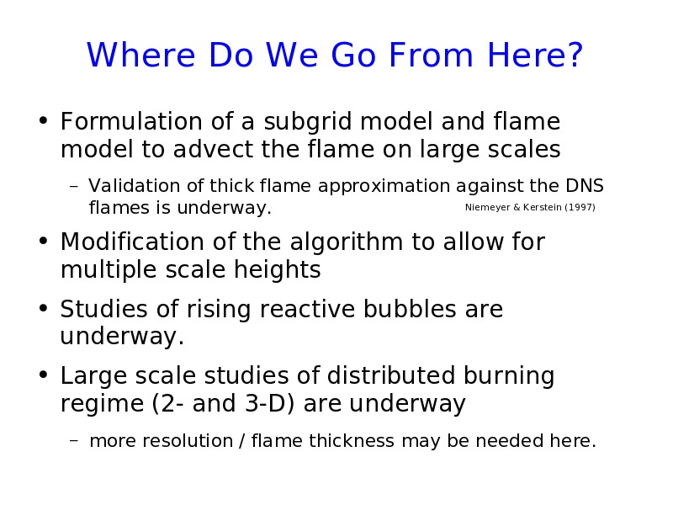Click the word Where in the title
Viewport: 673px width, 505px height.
tap(140, 55)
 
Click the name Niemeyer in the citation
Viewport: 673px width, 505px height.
tap(488, 207)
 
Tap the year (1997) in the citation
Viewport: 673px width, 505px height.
tap(580, 207)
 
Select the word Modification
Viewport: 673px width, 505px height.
tap(132, 242)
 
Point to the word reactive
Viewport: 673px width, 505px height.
tap(307, 309)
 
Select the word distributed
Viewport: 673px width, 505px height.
tap(391, 375)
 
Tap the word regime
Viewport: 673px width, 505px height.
tap(102, 405)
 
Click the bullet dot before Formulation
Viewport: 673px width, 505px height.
tap(43, 120)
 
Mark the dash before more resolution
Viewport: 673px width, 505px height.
tap(74, 440)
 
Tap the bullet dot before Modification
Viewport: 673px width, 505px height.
tap(43, 241)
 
